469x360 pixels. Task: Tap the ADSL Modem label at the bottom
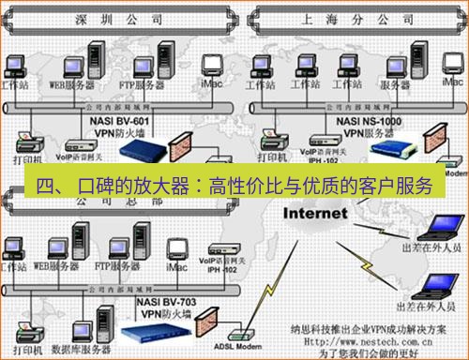243,346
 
